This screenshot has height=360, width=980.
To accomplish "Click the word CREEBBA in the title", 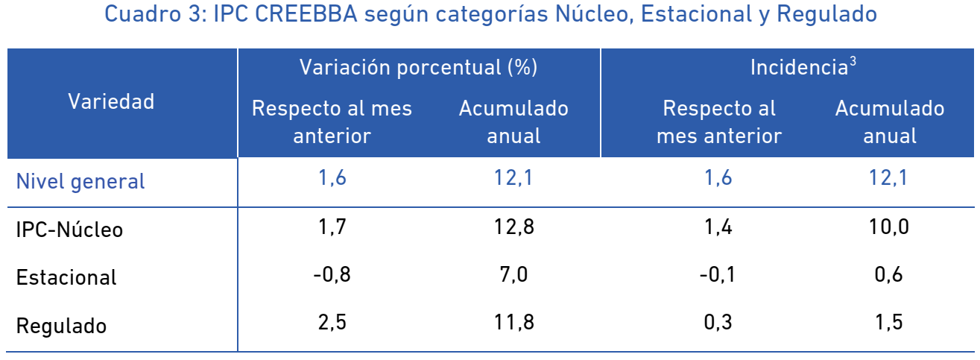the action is [x=306, y=13].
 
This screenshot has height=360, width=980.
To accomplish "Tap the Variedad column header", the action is [x=111, y=101].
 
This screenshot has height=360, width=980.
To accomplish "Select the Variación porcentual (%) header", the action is [x=419, y=67].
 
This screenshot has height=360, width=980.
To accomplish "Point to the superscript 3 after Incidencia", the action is [x=853, y=62].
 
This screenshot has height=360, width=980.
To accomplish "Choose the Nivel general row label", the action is [x=80, y=182].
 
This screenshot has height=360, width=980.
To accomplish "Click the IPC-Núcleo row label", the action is [x=69, y=230].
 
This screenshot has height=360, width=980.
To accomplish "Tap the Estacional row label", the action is [x=66, y=277].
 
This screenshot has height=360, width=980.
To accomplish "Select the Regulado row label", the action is [x=61, y=326].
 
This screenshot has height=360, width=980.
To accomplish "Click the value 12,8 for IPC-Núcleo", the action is [x=513, y=227].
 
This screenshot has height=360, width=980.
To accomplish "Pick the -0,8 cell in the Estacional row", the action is [x=332, y=274].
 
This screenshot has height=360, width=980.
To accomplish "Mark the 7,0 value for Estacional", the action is [x=513, y=274].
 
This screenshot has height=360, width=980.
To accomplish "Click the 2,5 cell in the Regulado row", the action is [x=332, y=323].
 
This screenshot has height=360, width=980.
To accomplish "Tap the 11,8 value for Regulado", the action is [x=513, y=323].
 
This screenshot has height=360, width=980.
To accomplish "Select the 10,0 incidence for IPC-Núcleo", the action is [x=888, y=227].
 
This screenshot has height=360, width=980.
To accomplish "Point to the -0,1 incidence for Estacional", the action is [x=718, y=274].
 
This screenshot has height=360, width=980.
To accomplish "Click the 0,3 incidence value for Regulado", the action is [x=718, y=323].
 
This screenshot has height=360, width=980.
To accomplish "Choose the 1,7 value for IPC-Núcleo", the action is [x=332, y=227].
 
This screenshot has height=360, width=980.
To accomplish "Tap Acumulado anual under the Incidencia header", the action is [x=889, y=122].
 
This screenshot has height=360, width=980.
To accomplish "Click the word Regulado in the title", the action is [x=827, y=14].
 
